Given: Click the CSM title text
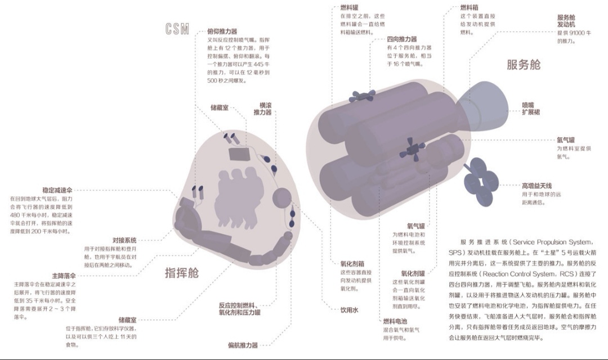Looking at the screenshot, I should [177, 30].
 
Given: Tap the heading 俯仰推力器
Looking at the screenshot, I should [222, 32].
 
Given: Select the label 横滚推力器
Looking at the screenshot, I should [262, 109].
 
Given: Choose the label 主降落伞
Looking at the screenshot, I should [64, 276].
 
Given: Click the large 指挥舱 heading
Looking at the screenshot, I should [181, 273].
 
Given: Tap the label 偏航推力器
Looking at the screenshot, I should [243, 345].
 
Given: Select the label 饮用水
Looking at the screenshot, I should [349, 310].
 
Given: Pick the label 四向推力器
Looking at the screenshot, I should [402, 39].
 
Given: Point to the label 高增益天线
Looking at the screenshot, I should [537, 186].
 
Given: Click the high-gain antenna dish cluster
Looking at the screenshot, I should [480, 179].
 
